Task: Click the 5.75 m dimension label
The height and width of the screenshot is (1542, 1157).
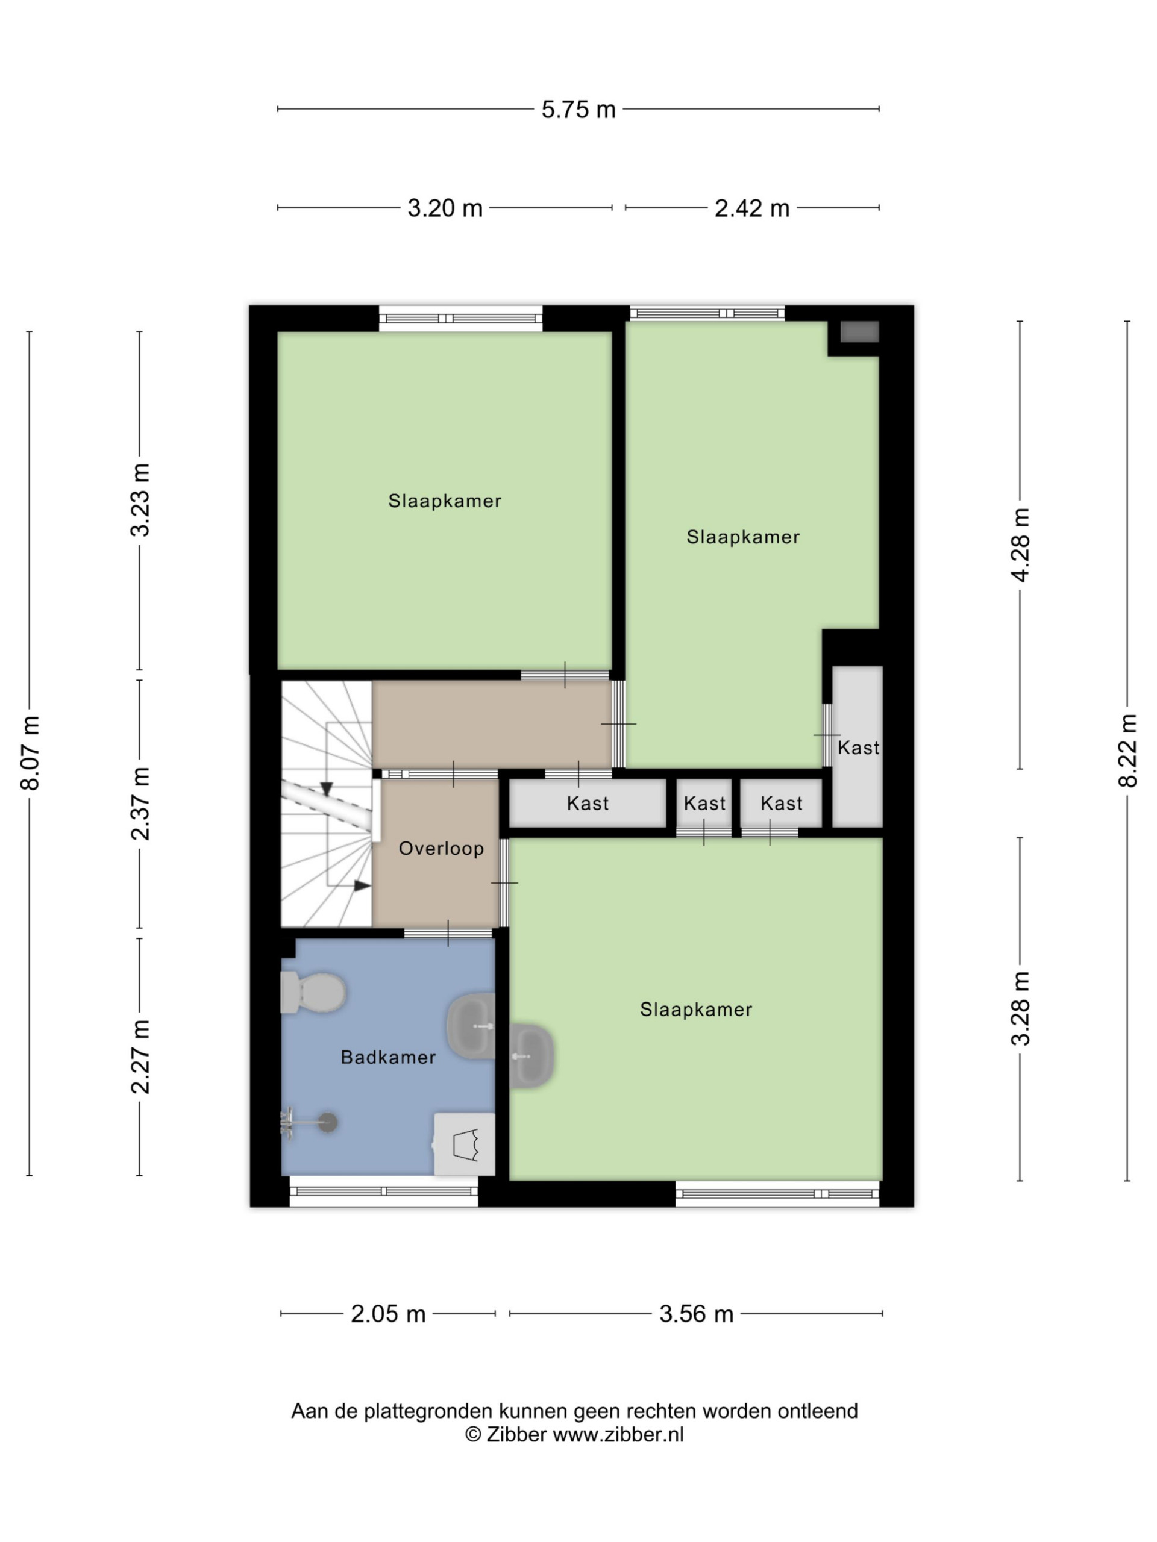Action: tap(578, 110)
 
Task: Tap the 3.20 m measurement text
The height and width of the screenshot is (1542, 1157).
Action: tap(445, 208)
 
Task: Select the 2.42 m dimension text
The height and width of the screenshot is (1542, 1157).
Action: tap(752, 208)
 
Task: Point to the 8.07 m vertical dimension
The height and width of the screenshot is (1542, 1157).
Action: tap(30, 753)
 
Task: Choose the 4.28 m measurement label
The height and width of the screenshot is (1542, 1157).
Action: tap(1020, 545)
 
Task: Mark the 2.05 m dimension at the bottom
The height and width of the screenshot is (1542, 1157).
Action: tap(387, 1314)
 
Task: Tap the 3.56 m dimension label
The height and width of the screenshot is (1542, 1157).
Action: tap(696, 1314)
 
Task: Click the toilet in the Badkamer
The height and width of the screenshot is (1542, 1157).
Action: tap(313, 992)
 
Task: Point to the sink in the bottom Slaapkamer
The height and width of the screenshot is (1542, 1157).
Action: tap(532, 1056)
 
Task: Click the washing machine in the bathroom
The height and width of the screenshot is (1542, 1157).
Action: tap(465, 1144)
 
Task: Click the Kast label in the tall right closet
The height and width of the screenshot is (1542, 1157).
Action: tap(859, 748)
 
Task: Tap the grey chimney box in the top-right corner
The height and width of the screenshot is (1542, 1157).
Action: tap(859, 332)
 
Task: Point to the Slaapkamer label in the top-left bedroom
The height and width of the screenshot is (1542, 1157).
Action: tap(445, 501)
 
